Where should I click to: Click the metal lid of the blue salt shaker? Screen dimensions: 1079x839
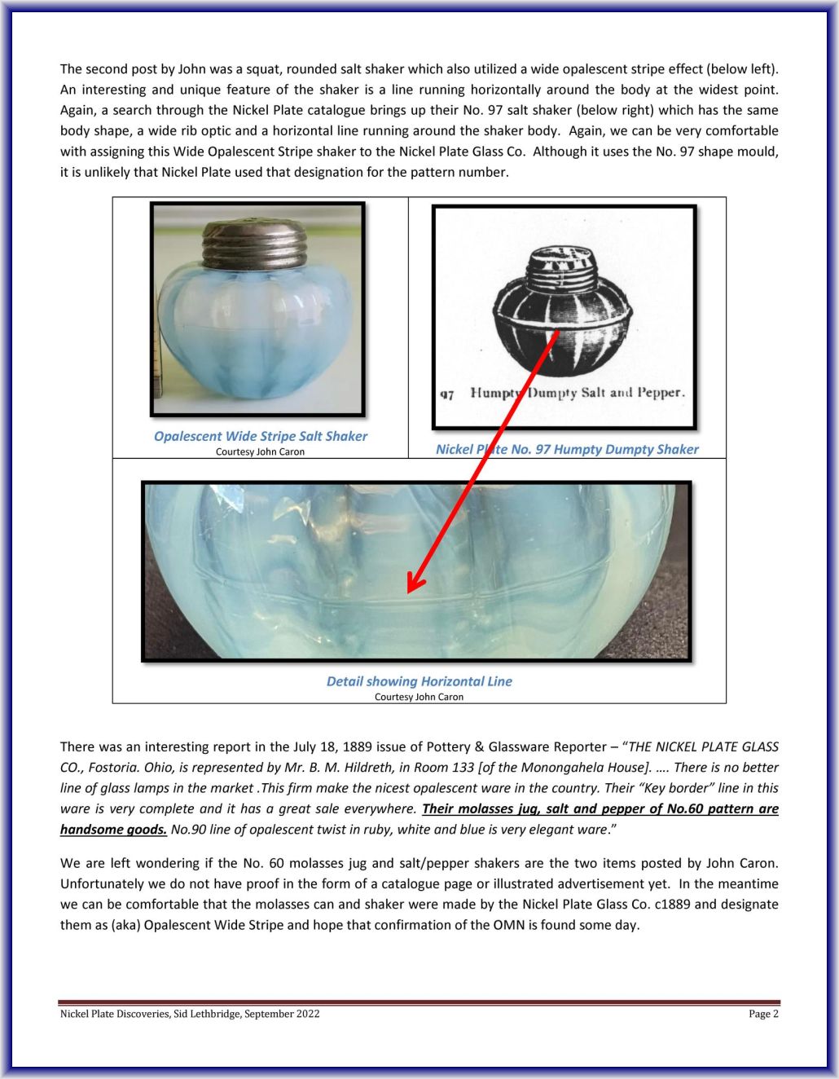tap(254, 244)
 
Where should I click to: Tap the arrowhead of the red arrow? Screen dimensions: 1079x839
tap(414, 584)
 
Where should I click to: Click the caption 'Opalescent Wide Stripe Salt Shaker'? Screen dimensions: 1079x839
tap(261, 436)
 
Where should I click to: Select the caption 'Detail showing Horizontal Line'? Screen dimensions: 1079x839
tap(419, 681)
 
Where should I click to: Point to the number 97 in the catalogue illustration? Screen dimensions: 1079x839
tap(447, 394)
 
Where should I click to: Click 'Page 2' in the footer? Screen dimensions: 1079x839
tap(763, 1014)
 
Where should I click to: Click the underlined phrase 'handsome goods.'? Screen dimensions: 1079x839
tap(113, 830)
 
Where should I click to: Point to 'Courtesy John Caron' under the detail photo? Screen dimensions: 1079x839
tap(419, 697)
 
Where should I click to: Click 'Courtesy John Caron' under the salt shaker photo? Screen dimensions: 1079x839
tap(260, 451)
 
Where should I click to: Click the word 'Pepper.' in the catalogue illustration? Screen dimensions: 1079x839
tap(661, 393)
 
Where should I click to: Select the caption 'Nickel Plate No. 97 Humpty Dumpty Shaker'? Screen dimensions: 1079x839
tap(567, 449)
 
